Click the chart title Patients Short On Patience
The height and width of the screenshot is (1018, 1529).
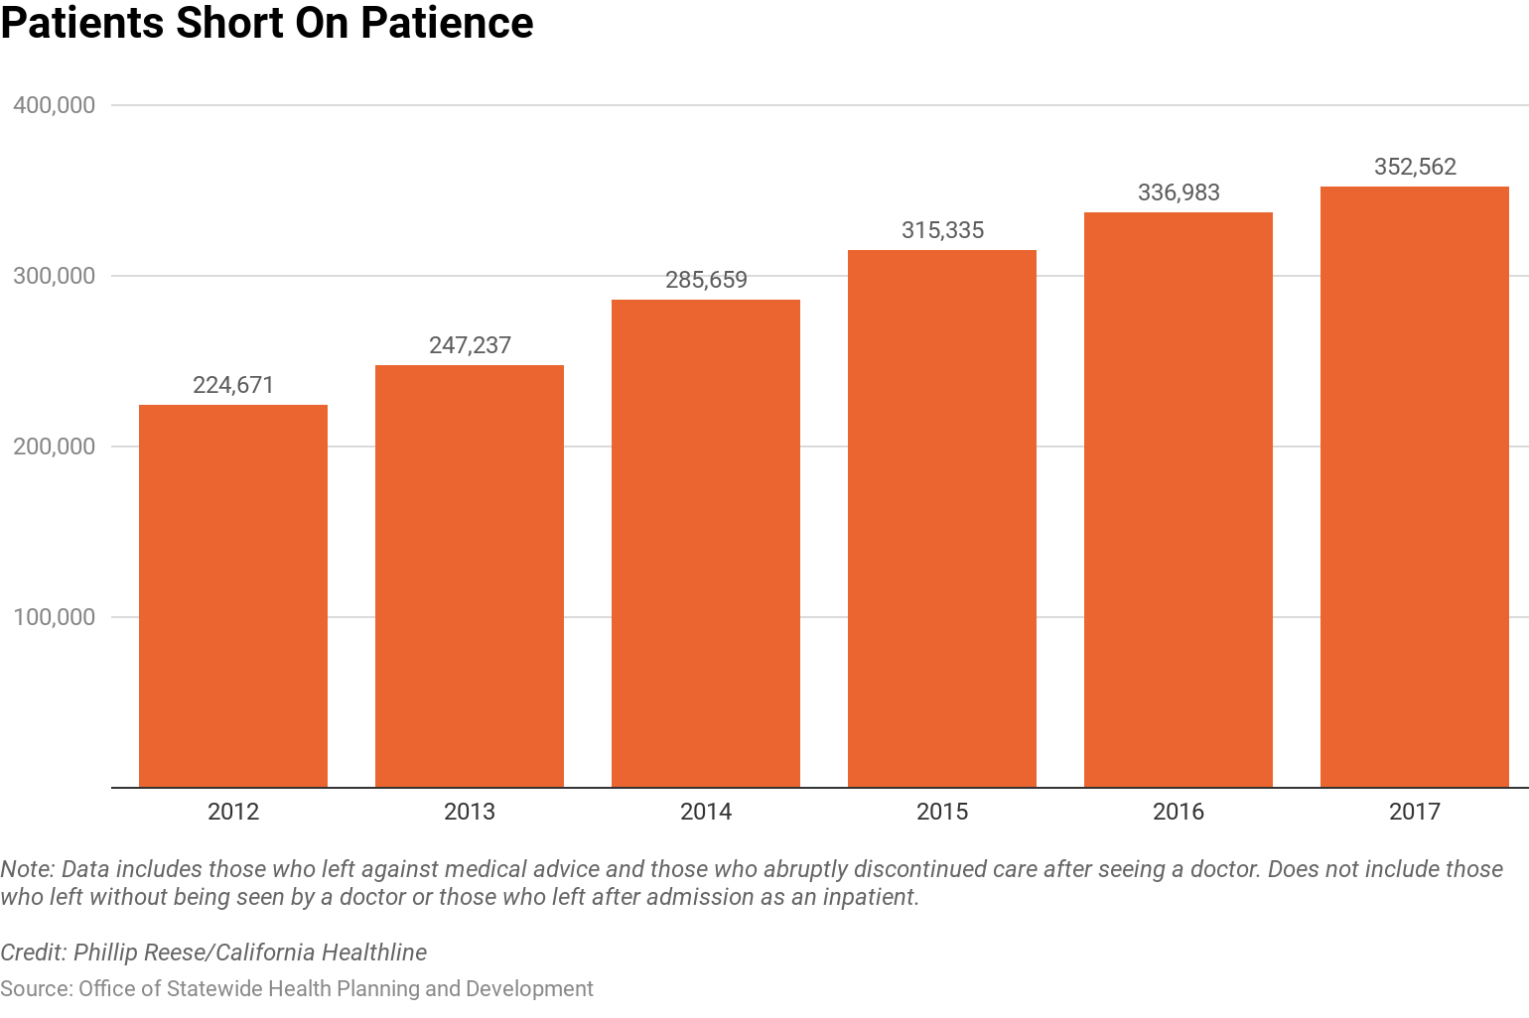coord(267,24)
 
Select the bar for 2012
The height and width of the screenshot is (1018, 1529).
coord(233,595)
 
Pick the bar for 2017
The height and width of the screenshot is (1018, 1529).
coord(1415,486)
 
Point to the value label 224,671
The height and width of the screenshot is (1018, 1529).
coord(233,385)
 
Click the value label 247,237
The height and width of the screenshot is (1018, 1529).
coord(470,345)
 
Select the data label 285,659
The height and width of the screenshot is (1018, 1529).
coord(706,280)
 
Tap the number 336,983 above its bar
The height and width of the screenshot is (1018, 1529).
coord(1179,192)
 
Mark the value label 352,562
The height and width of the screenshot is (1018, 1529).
coord(1415,167)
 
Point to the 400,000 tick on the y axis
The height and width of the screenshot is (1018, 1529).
coord(55,105)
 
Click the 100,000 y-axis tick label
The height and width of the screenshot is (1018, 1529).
coord(55,617)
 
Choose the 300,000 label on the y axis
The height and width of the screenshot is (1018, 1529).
coord(55,276)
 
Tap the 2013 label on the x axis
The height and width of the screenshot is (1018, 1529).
coord(470,812)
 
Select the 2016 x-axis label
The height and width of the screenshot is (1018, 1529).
coord(1179,812)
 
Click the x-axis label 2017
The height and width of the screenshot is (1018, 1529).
coord(1415,812)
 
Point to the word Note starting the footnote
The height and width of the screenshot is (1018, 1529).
coord(26,869)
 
